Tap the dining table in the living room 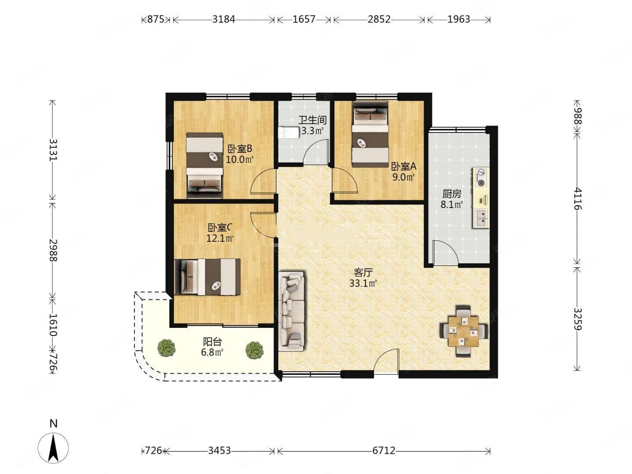click(x=463, y=331)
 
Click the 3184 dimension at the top click(x=224, y=19)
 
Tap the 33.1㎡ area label click(x=363, y=284)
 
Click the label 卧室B click(x=240, y=149)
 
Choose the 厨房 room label click(x=452, y=194)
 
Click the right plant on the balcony click(x=255, y=350)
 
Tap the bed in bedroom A click(x=370, y=134)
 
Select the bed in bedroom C click(x=207, y=277)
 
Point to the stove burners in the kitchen click(x=480, y=177)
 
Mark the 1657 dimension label click(x=304, y=19)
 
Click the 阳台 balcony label click(x=212, y=342)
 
